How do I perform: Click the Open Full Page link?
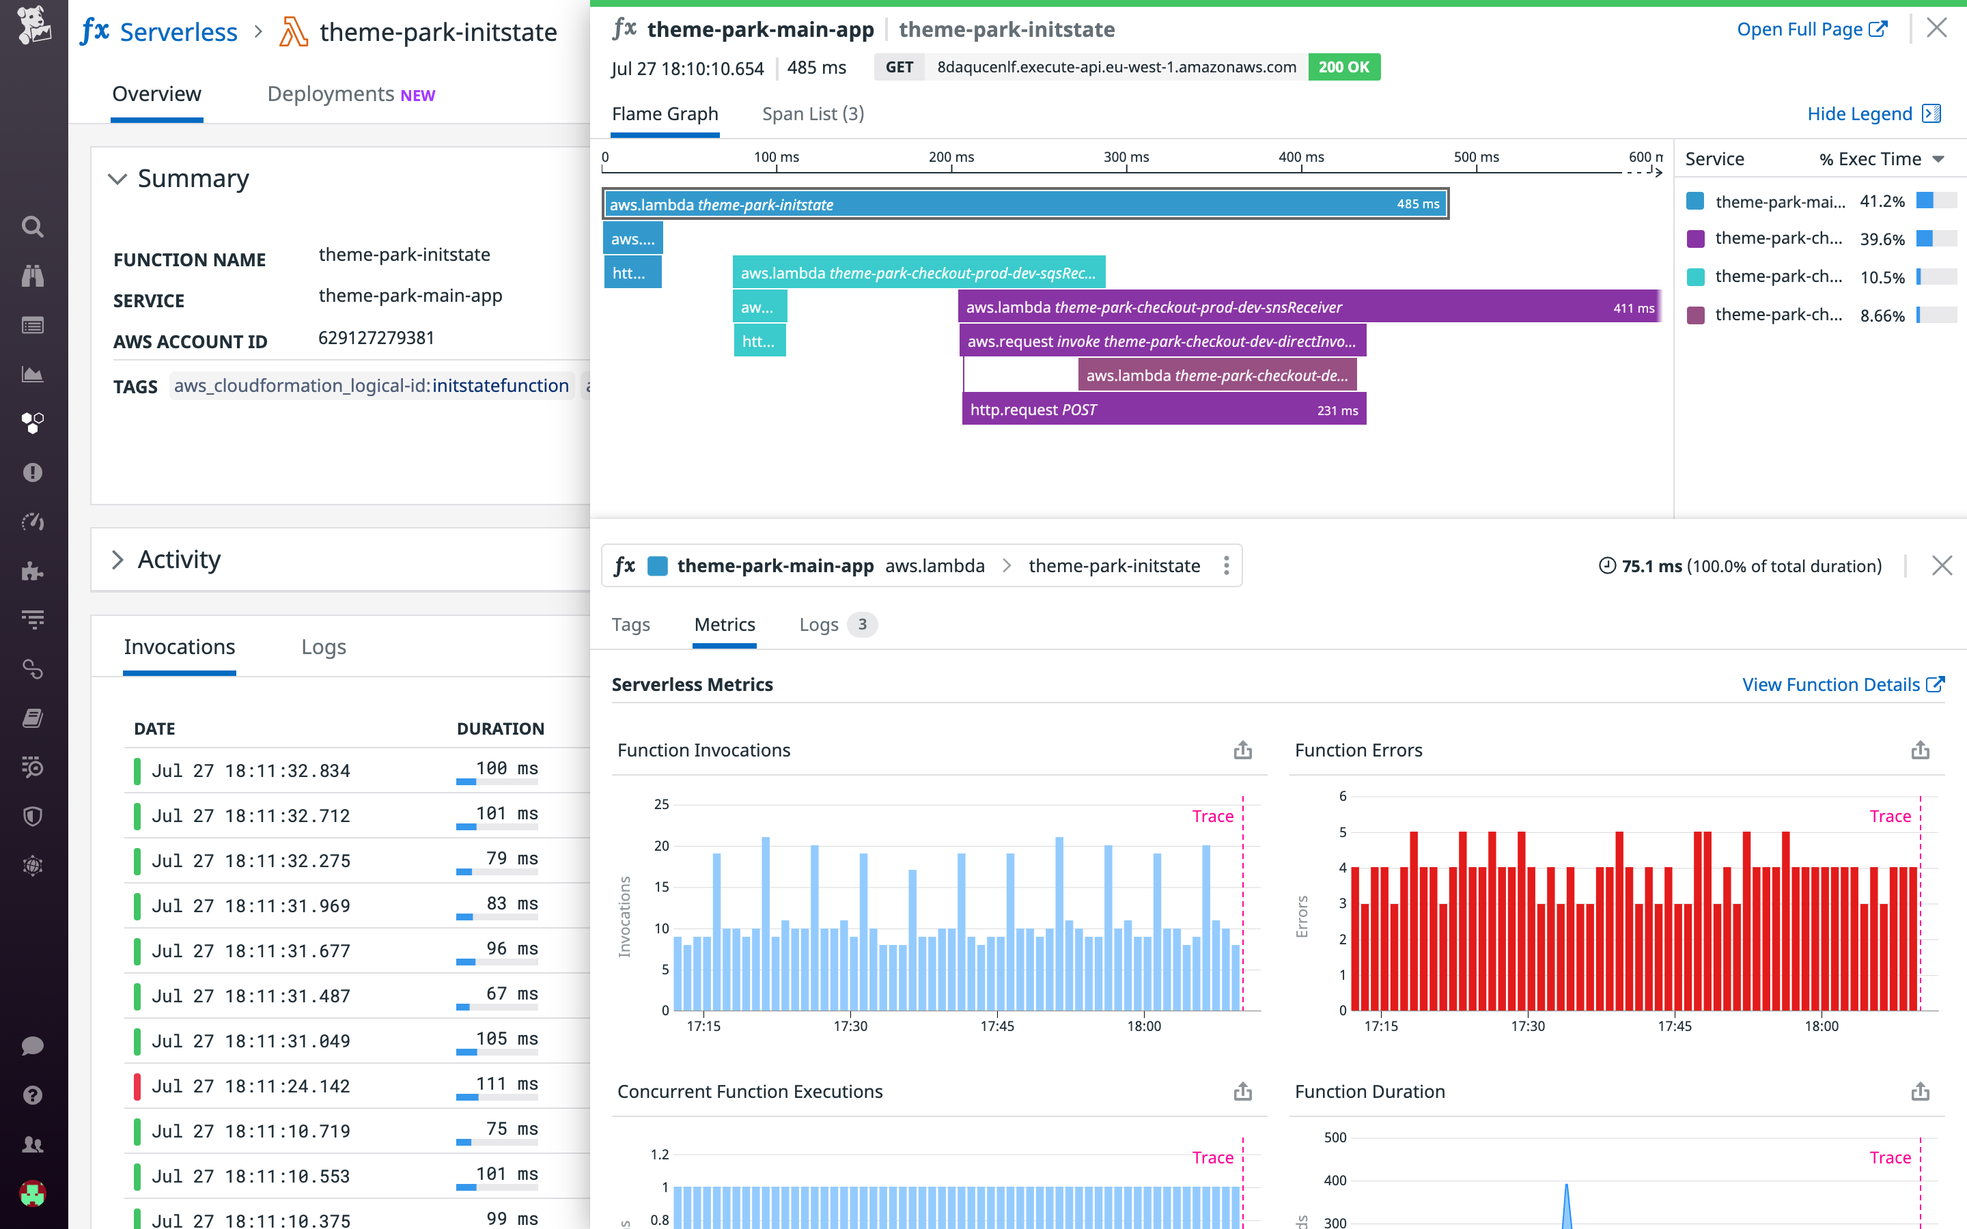pyautogui.click(x=1811, y=30)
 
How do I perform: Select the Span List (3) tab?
pyautogui.click(x=812, y=114)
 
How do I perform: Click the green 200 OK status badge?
pyautogui.click(x=1343, y=68)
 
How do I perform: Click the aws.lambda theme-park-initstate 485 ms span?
pyautogui.click(x=1024, y=205)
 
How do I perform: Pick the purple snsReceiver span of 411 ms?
pyautogui.click(x=1309, y=307)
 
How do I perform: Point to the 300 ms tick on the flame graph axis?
pyautogui.click(x=1126, y=158)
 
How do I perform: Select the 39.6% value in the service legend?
pyautogui.click(x=1881, y=240)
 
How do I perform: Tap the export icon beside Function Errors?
pyautogui.click(x=1920, y=750)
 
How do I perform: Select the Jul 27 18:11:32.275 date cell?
pyautogui.click(x=251, y=861)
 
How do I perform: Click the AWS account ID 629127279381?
pyautogui.click(x=376, y=338)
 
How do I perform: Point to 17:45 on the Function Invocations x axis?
pyautogui.click(x=996, y=1026)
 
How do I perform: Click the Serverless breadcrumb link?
pyautogui.click(x=178, y=33)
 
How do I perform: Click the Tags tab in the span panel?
pyautogui.click(x=631, y=624)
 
